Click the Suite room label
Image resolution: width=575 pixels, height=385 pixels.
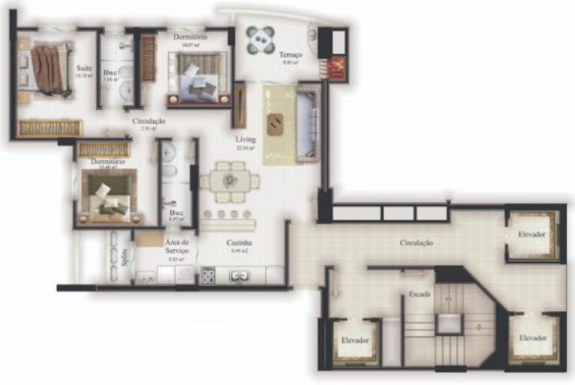coord(83,68)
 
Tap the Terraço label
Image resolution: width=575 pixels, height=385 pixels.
coord(290,55)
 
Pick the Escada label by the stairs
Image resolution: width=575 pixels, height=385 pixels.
coord(419,294)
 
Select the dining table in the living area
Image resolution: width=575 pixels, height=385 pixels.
coord(230,180)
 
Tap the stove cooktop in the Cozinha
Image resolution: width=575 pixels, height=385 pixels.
coord(208,275)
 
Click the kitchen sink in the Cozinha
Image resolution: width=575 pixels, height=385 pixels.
coord(238,276)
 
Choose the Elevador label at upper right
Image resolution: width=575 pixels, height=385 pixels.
coord(532,233)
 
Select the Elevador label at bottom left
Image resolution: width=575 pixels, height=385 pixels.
coord(354,340)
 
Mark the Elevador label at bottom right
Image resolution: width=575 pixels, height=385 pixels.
coord(532,338)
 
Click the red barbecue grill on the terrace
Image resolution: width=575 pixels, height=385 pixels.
coord(336,67)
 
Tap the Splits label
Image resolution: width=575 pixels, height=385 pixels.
coord(124,257)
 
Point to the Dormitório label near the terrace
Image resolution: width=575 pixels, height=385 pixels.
coord(190,37)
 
